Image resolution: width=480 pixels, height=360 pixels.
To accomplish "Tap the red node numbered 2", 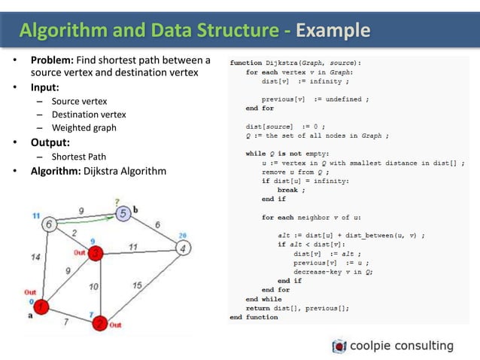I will [x=99, y=323].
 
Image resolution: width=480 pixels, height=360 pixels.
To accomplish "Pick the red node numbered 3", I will [x=95, y=254].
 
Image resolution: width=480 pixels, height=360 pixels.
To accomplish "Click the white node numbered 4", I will [x=182, y=248].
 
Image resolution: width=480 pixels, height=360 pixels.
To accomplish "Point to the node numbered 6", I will [x=50, y=224].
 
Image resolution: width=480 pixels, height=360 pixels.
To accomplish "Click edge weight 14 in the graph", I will [x=35, y=258].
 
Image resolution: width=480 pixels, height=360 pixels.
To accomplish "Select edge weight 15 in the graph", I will [x=137, y=285].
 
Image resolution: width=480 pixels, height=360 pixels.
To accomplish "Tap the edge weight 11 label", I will [x=132, y=246].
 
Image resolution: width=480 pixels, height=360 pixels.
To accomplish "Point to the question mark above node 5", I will [x=116, y=201].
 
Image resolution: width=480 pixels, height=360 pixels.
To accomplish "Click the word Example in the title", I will [x=333, y=31].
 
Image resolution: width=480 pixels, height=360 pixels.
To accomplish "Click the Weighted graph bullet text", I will [x=84, y=127].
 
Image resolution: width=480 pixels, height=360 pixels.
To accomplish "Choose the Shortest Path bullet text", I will [x=78, y=157].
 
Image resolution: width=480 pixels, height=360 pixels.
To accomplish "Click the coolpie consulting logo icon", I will [x=339, y=346].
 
